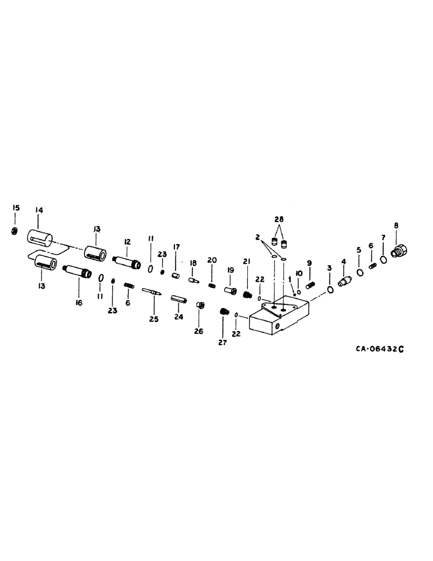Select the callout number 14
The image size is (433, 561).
tap(39, 210)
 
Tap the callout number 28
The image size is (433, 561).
tap(279, 218)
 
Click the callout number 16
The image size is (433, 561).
tap(79, 302)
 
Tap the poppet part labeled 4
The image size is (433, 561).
tap(344, 275)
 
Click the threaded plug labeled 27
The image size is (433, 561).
tap(224, 311)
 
